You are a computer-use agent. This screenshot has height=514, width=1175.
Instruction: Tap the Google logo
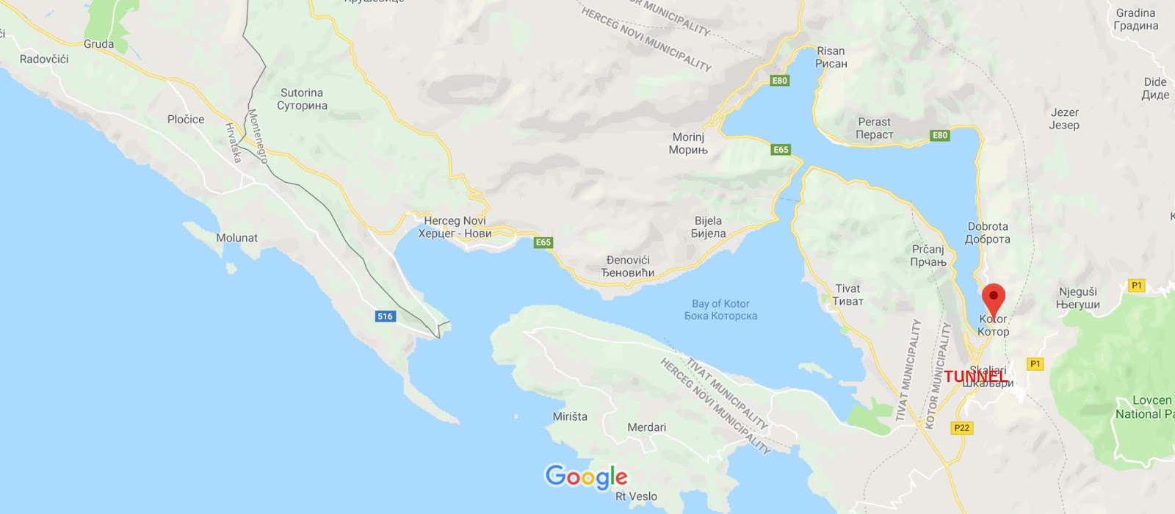(586, 477)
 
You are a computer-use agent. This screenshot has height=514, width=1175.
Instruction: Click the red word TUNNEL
(975, 377)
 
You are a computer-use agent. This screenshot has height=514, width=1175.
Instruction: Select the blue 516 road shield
(385, 316)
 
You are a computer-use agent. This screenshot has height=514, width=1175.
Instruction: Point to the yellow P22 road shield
(961, 428)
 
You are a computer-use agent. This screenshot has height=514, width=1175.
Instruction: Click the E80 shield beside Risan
(779, 81)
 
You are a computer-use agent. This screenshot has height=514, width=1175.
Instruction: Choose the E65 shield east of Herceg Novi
(543, 242)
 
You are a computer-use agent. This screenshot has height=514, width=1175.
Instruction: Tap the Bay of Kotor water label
(720, 310)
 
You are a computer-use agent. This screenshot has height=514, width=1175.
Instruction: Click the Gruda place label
(98, 44)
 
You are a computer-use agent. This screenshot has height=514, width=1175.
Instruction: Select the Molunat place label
(236, 238)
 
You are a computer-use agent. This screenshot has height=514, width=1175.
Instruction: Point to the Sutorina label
(302, 99)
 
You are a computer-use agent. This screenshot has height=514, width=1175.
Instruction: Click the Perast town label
(874, 128)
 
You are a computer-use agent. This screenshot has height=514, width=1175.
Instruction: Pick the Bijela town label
(708, 227)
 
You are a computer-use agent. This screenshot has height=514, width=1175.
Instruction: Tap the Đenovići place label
(628, 267)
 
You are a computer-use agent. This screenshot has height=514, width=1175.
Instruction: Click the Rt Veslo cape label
(636, 496)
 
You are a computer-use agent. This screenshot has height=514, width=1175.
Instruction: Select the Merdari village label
(646, 427)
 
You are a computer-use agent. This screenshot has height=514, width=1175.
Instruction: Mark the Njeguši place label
(1077, 298)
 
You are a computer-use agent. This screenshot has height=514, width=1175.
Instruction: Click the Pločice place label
(186, 119)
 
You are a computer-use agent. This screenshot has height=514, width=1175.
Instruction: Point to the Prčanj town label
(928, 256)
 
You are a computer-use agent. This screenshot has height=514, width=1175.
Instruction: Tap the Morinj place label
(688, 143)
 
